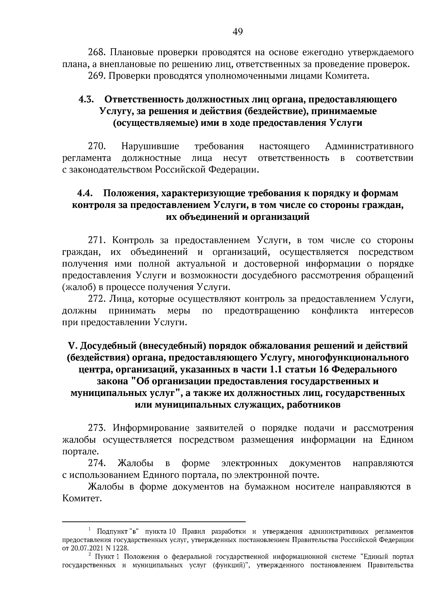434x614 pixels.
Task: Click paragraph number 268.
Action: pyautogui.click(x=97, y=53)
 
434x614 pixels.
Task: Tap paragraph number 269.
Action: pyautogui.click(x=97, y=76)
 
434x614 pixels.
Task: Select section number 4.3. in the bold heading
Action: pyautogui.click(x=86, y=99)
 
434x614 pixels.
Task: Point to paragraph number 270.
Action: pyautogui.click(x=97, y=146)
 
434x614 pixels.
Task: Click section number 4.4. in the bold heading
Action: pyautogui.click(x=86, y=193)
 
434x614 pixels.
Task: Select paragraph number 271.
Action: pyautogui.click(x=97, y=240)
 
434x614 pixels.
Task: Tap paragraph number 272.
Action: pyautogui.click(x=97, y=299)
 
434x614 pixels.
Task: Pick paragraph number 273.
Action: pyautogui.click(x=97, y=428)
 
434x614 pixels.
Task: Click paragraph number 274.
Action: pyautogui.click(x=97, y=464)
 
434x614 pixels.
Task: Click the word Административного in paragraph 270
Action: pyautogui.click(x=369, y=146)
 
